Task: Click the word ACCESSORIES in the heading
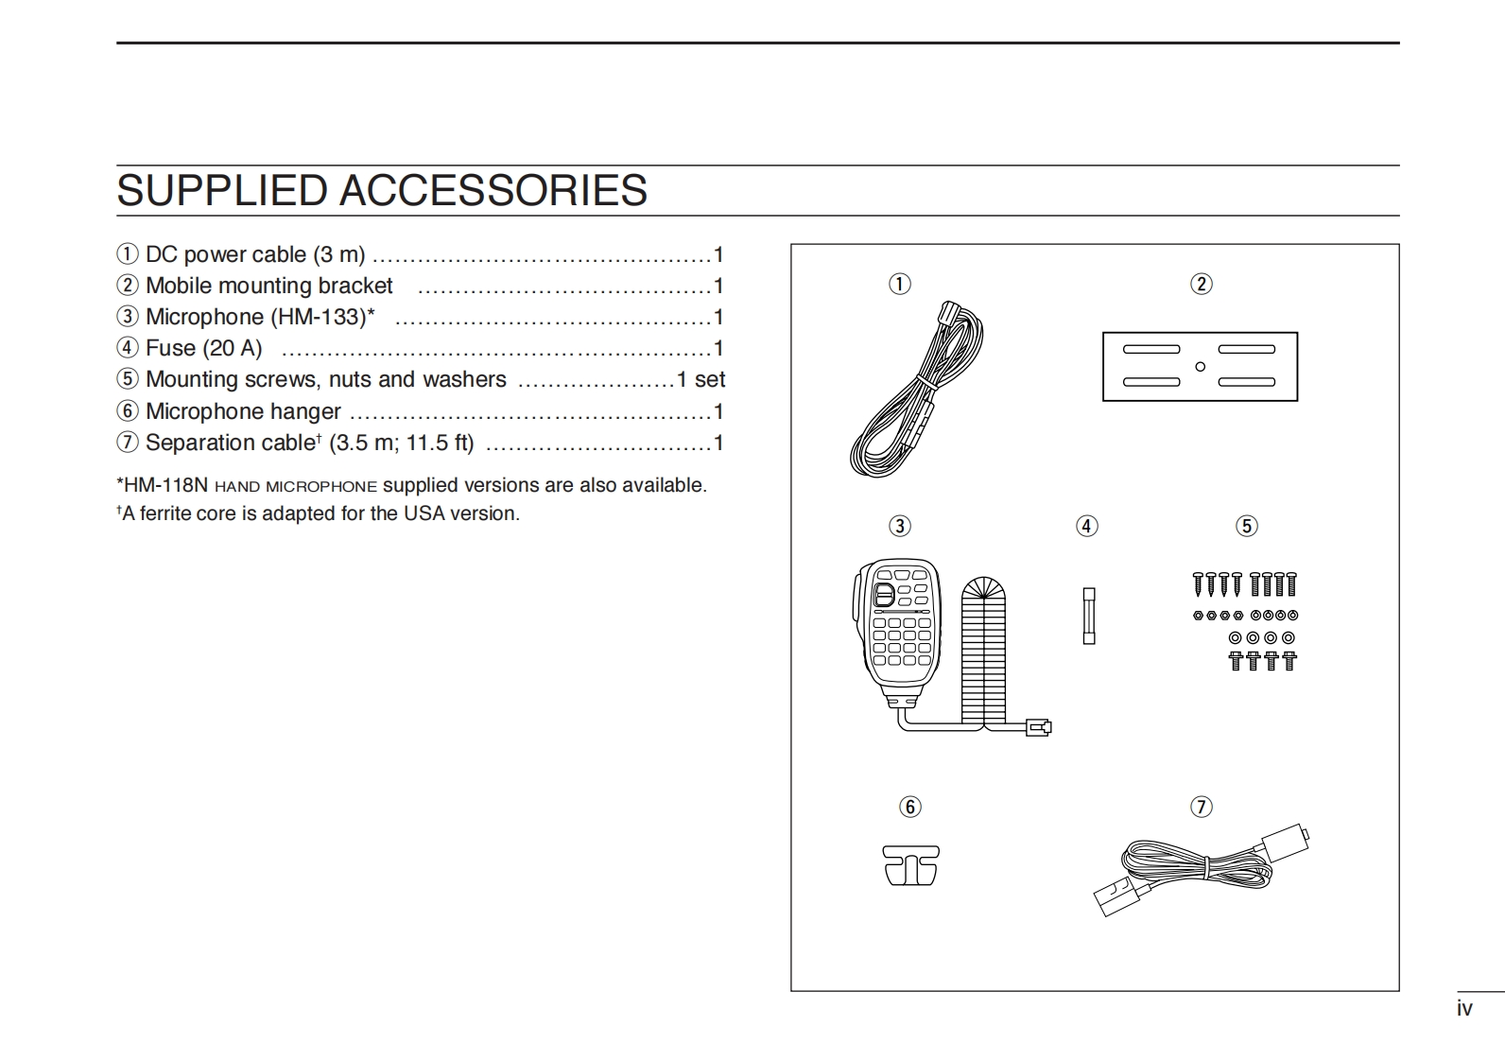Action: coord(493,191)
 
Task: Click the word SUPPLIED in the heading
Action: coord(223,191)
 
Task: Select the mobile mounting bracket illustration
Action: coord(1200,367)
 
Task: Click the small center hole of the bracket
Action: coord(1201,367)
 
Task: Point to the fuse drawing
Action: coord(1089,616)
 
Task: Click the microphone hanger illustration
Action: coord(911,865)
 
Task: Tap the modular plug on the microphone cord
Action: coord(1038,726)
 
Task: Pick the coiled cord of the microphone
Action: coord(983,652)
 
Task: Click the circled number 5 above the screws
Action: coord(1247,526)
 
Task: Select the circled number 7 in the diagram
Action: coord(1201,807)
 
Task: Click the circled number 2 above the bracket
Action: coord(1201,284)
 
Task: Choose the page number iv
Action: coord(1464,1009)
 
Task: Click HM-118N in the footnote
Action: coord(165,486)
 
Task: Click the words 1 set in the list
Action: coord(701,380)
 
